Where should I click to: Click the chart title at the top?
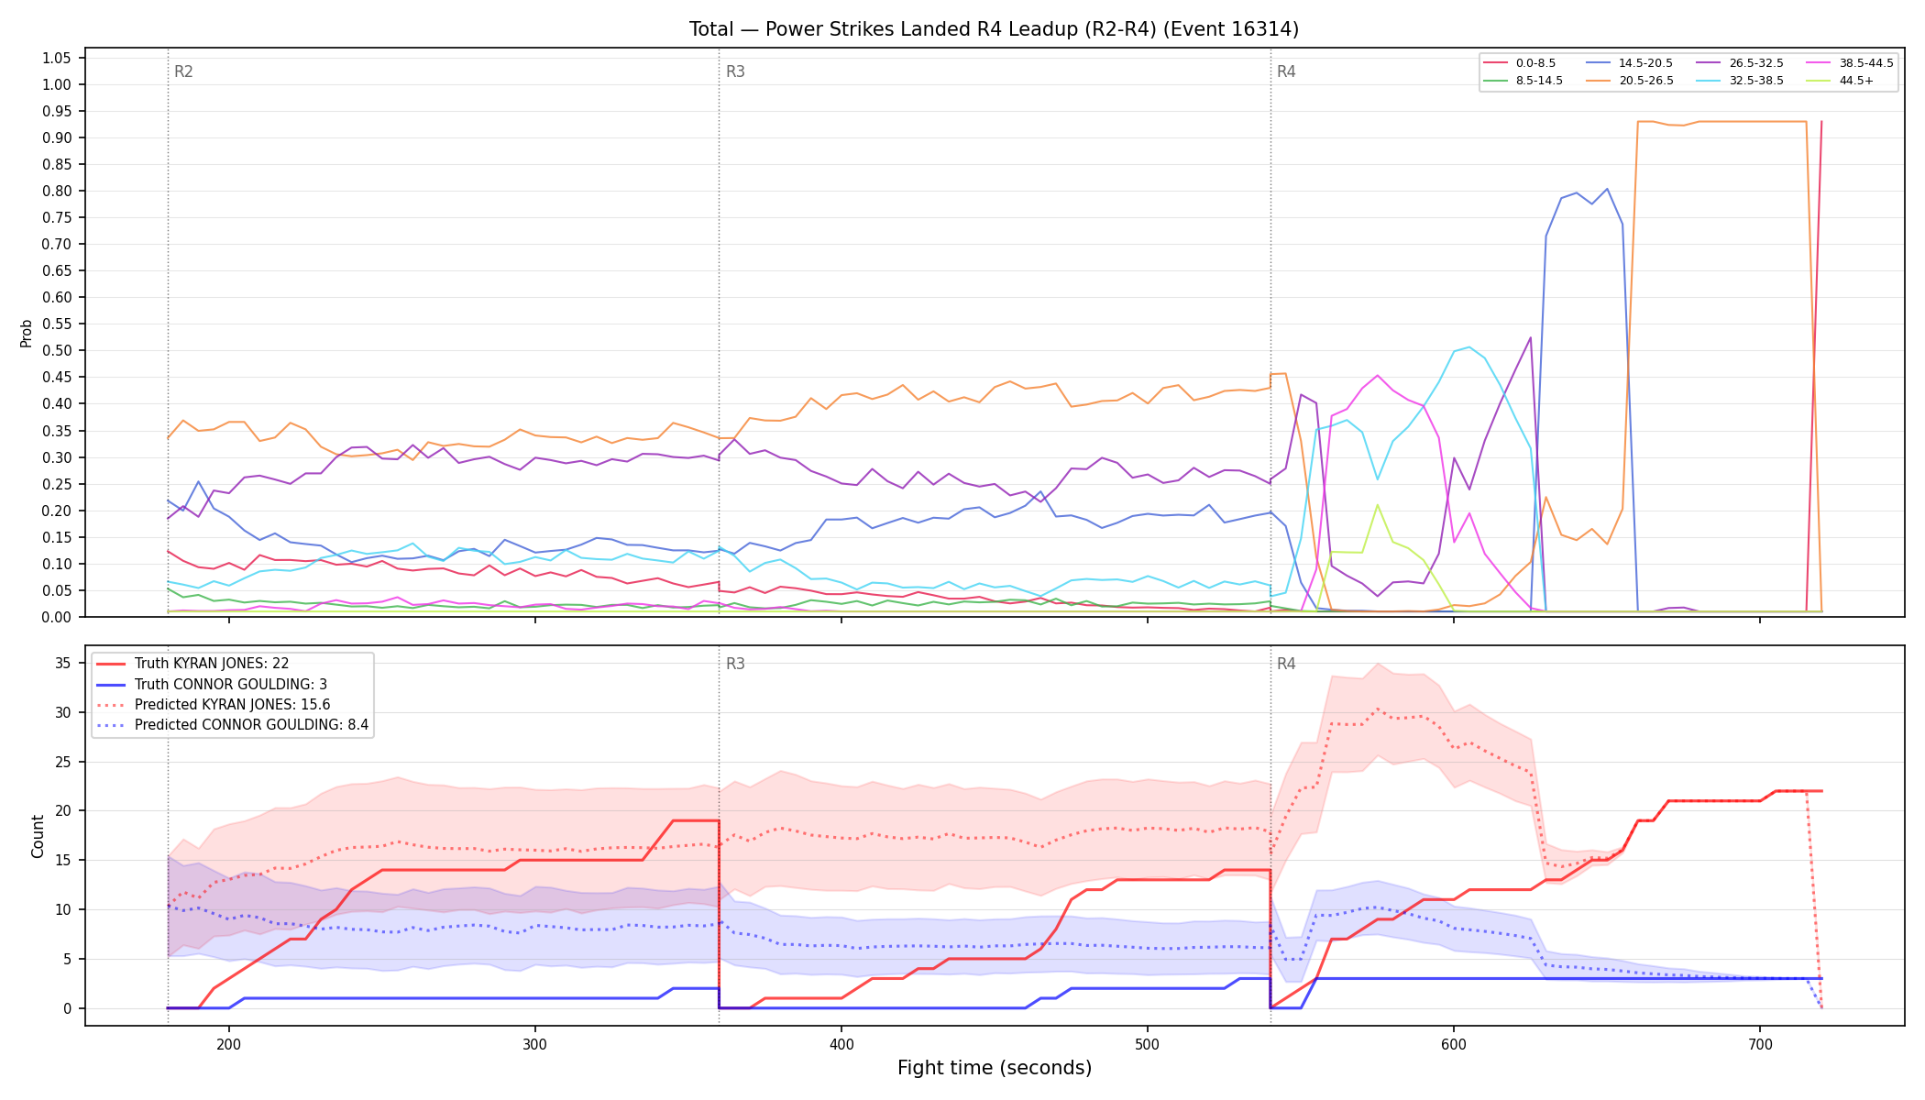tap(994, 29)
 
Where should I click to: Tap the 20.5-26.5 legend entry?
tap(1631, 81)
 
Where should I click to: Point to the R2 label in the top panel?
tap(183, 71)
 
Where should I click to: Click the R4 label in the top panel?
tap(1286, 71)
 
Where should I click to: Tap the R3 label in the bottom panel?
tap(735, 664)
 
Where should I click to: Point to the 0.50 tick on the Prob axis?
tap(57, 351)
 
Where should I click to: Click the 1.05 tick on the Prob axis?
tap(57, 59)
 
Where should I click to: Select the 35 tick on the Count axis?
tap(63, 663)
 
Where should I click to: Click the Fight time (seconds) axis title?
tap(995, 1068)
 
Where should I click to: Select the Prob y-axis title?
tap(27, 333)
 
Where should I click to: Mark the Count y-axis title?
tap(38, 836)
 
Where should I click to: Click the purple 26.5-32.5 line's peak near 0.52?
tap(1530, 337)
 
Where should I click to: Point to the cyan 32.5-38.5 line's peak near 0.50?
tap(1468, 346)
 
